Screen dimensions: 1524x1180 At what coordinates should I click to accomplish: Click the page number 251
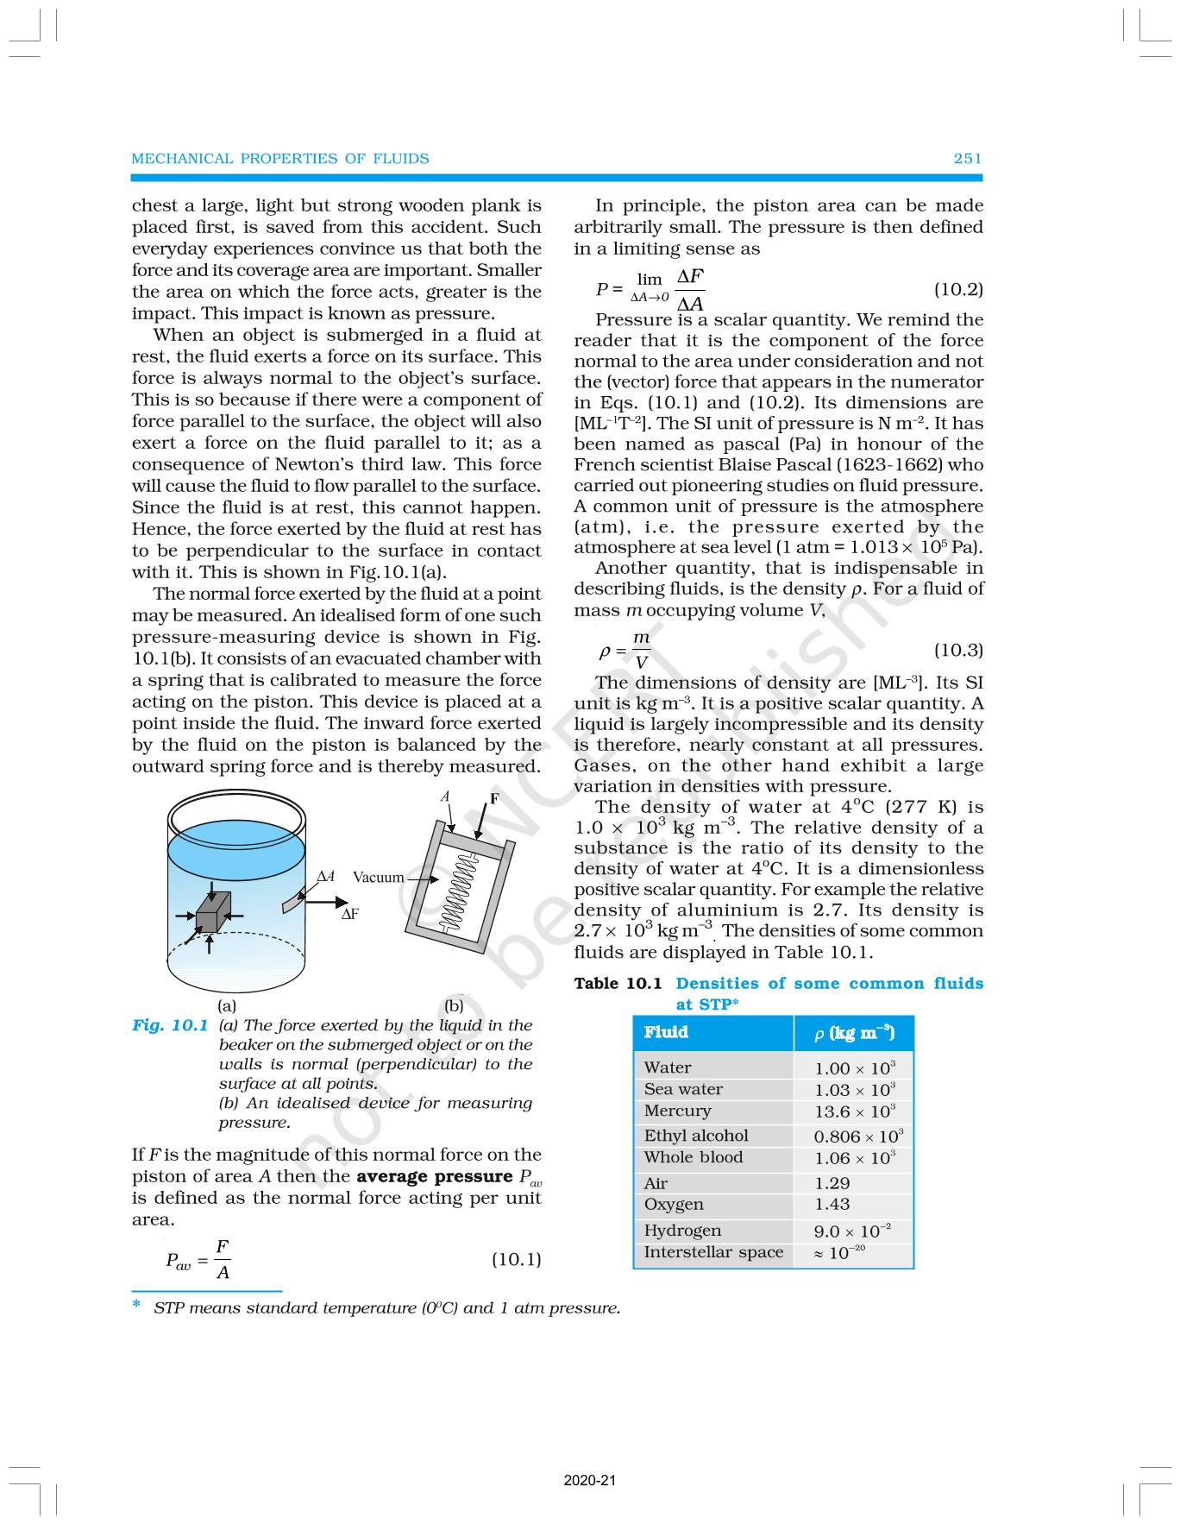[967, 158]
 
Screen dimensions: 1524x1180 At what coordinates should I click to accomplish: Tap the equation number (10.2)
[958, 289]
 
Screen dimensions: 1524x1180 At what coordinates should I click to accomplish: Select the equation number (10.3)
[958, 650]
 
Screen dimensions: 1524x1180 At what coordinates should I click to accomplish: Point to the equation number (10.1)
[516, 1259]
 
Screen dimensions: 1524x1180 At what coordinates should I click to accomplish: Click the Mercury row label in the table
[677, 1111]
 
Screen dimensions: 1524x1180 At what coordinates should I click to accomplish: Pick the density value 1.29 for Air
[832, 1183]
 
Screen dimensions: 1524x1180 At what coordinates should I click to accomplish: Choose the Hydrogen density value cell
[851, 1231]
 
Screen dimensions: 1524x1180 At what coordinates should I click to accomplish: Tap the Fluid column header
[666, 1032]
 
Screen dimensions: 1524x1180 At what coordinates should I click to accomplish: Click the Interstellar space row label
[712, 1252]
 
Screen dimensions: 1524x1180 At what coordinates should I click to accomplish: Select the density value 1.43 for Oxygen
[832, 1204]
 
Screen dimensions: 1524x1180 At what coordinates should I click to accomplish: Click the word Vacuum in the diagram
[378, 877]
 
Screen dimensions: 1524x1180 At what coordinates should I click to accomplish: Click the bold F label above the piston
[494, 799]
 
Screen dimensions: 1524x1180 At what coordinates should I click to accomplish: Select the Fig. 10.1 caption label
[170, 1025]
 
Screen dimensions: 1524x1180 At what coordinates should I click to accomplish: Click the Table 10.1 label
[618, 984]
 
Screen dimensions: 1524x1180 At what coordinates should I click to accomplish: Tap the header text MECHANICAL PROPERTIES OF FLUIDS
[279, 158]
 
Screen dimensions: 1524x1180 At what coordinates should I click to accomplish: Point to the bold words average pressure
[434, 1176]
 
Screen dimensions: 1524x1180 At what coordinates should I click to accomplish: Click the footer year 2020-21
[590, 1481]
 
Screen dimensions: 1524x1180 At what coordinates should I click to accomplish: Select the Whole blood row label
[693, 1157]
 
